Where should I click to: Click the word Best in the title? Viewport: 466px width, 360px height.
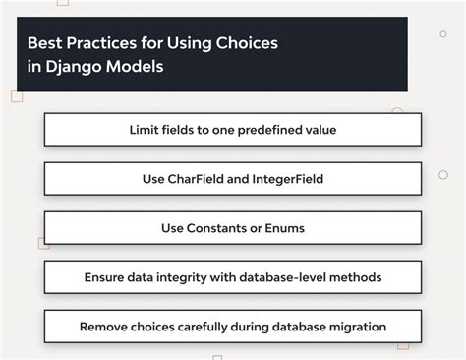click(43, 44)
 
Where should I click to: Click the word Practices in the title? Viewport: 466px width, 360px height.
click(100, 44)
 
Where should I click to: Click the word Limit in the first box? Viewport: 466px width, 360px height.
click(145, 130)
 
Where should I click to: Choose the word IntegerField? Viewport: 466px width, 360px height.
click(293, 179)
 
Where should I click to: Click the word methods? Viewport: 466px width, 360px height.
click(358, 277)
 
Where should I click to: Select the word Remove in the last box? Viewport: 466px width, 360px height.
click(106, 326)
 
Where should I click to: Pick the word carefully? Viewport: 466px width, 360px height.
click(212, 326)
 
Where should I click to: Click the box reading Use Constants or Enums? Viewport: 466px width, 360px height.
click(233, 228)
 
